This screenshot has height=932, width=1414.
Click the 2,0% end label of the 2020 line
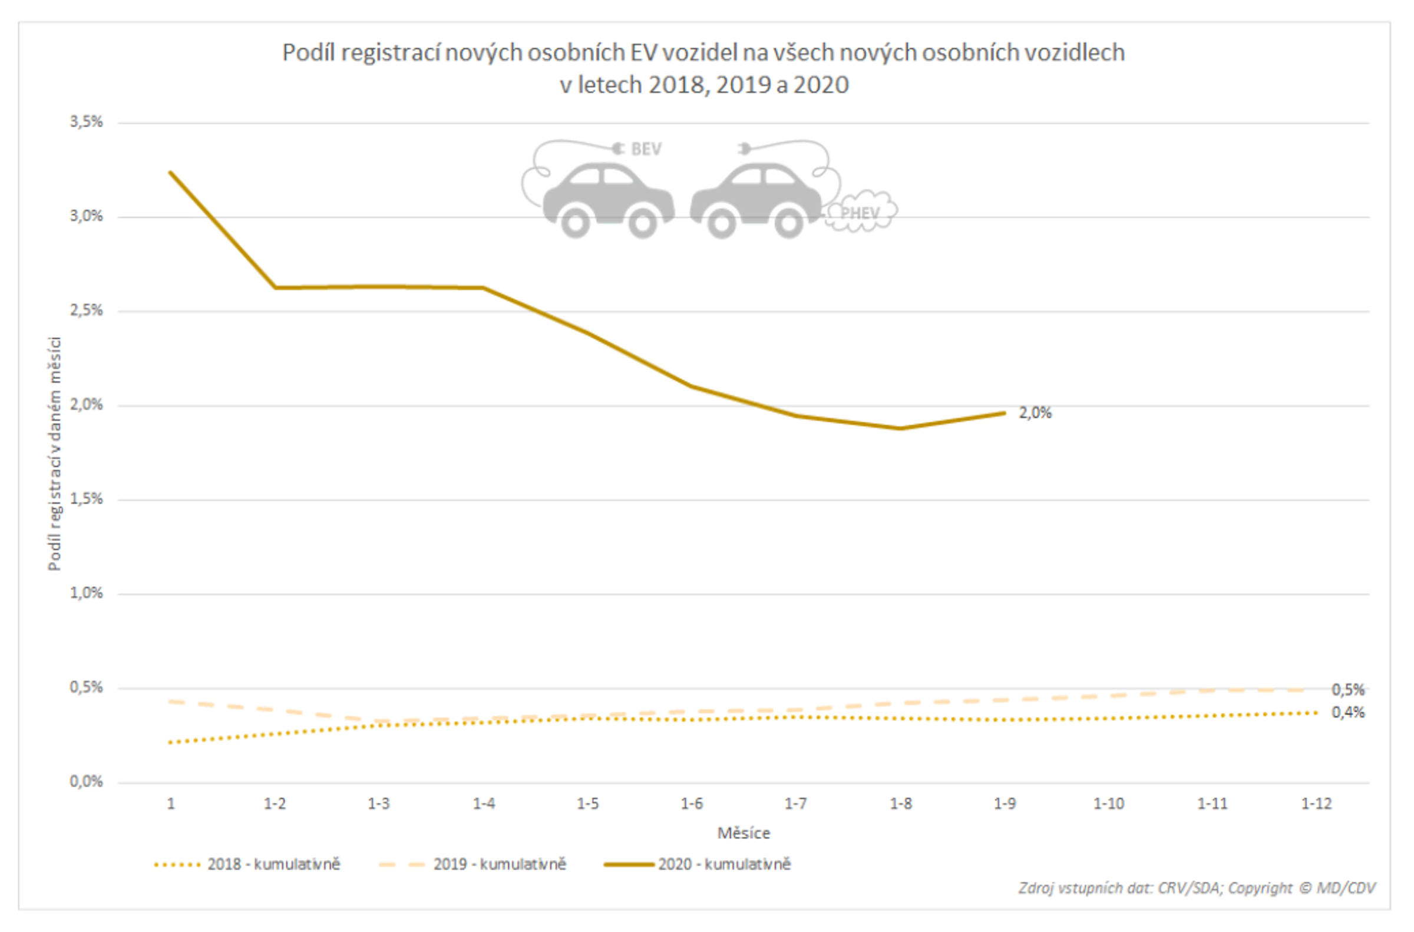coord(1035,413)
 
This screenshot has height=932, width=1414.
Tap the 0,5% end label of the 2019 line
coord(1347,689)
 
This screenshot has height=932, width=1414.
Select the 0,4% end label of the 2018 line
coord(1347,712)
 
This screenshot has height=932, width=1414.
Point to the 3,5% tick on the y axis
coord(86,122)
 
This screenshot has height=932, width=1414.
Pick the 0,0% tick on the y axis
coord(86,781)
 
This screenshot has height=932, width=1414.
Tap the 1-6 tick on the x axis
coord(691,804)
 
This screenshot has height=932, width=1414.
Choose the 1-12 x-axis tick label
coord(1316,804)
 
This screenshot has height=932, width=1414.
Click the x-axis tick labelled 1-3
coord(379,804)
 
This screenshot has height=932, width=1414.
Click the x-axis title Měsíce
coord(743,834)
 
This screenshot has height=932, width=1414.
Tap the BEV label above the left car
coord(646,149)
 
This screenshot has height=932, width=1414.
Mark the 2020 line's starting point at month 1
coord(171,173)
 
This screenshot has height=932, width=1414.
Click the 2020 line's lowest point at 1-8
coord(900,428)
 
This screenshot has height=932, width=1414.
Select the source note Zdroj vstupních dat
coord(1197,888)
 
